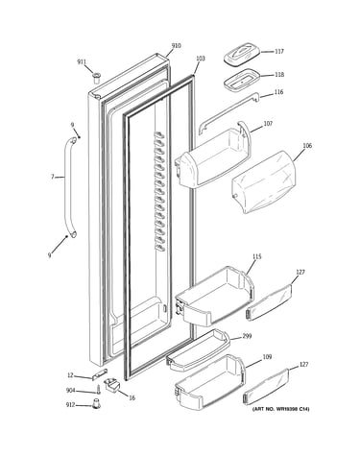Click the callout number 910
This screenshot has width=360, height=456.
(176, 46)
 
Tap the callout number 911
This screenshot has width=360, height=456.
(82, 61)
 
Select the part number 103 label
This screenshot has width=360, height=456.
(201, 59)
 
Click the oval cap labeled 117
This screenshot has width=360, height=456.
(242, 56)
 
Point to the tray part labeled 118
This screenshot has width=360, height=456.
(242, 79)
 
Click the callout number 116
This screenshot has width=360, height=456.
(278, 92)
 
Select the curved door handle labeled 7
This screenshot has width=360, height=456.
(68, 187)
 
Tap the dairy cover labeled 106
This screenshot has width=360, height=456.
(264, 181)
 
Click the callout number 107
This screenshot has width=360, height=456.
(268, 124)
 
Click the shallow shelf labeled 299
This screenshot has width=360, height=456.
(198, 350)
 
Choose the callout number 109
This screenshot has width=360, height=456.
(267, 357)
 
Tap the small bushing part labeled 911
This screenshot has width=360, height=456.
(96, 78)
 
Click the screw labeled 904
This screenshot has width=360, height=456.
(99, 390)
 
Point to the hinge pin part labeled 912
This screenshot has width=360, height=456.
(96, 403)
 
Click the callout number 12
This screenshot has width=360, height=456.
(70, 375)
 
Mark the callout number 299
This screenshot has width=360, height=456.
(247, 336)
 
